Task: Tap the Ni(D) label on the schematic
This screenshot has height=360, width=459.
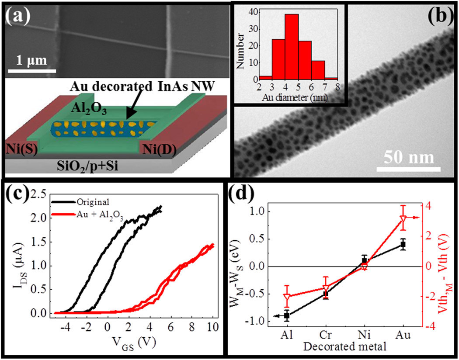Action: click(x=161, y=151)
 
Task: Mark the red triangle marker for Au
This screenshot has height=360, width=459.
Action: click(x=403, y=218)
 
